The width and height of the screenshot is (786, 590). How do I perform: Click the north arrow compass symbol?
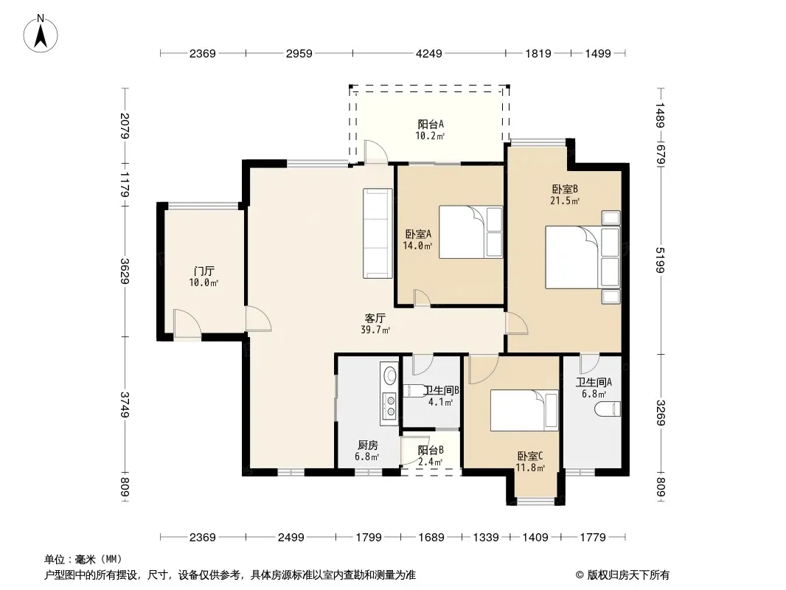point(41,34)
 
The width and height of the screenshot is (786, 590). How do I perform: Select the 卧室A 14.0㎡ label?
point(417,240)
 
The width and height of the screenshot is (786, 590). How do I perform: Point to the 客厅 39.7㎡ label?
point(375,324)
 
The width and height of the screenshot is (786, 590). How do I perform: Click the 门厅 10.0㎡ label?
point(204,277)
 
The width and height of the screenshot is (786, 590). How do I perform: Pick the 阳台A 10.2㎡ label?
point(430,129)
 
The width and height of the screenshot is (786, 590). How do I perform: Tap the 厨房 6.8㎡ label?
point(367,451)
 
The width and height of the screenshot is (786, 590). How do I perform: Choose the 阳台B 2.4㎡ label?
point(431,457)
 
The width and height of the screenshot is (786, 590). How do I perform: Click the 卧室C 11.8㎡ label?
point(530,462)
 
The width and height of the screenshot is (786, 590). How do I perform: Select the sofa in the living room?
point(378,233)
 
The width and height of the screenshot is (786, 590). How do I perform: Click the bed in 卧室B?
point(582,257)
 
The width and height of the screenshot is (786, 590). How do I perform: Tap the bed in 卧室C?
point(524,411)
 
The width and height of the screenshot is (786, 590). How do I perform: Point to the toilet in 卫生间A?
point(608,409)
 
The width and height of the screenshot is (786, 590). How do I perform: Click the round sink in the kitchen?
point(389,375)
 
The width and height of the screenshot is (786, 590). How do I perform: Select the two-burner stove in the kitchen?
point(389,406)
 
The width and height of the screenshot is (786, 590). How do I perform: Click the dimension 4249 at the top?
point(429,53)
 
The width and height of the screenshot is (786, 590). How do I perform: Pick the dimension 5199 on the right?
point(660,260)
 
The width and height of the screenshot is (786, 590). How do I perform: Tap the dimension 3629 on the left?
point(125,271)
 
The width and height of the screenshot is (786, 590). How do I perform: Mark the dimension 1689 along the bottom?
point(431,538)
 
